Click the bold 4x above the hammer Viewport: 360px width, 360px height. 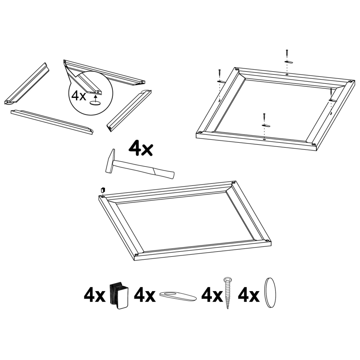[x=140, y=149]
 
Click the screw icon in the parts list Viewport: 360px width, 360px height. [x=227, y=292]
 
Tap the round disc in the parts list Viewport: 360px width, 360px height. [x=270, y=293]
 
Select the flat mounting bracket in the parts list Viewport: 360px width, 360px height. [x=178, y=296]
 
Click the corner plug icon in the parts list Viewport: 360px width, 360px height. [x=119, y=295]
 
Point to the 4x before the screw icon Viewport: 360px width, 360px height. [x=212, y=296]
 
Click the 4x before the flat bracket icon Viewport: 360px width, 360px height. [x=145, y=296]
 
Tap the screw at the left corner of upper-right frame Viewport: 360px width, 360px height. [x=219, y=73]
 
